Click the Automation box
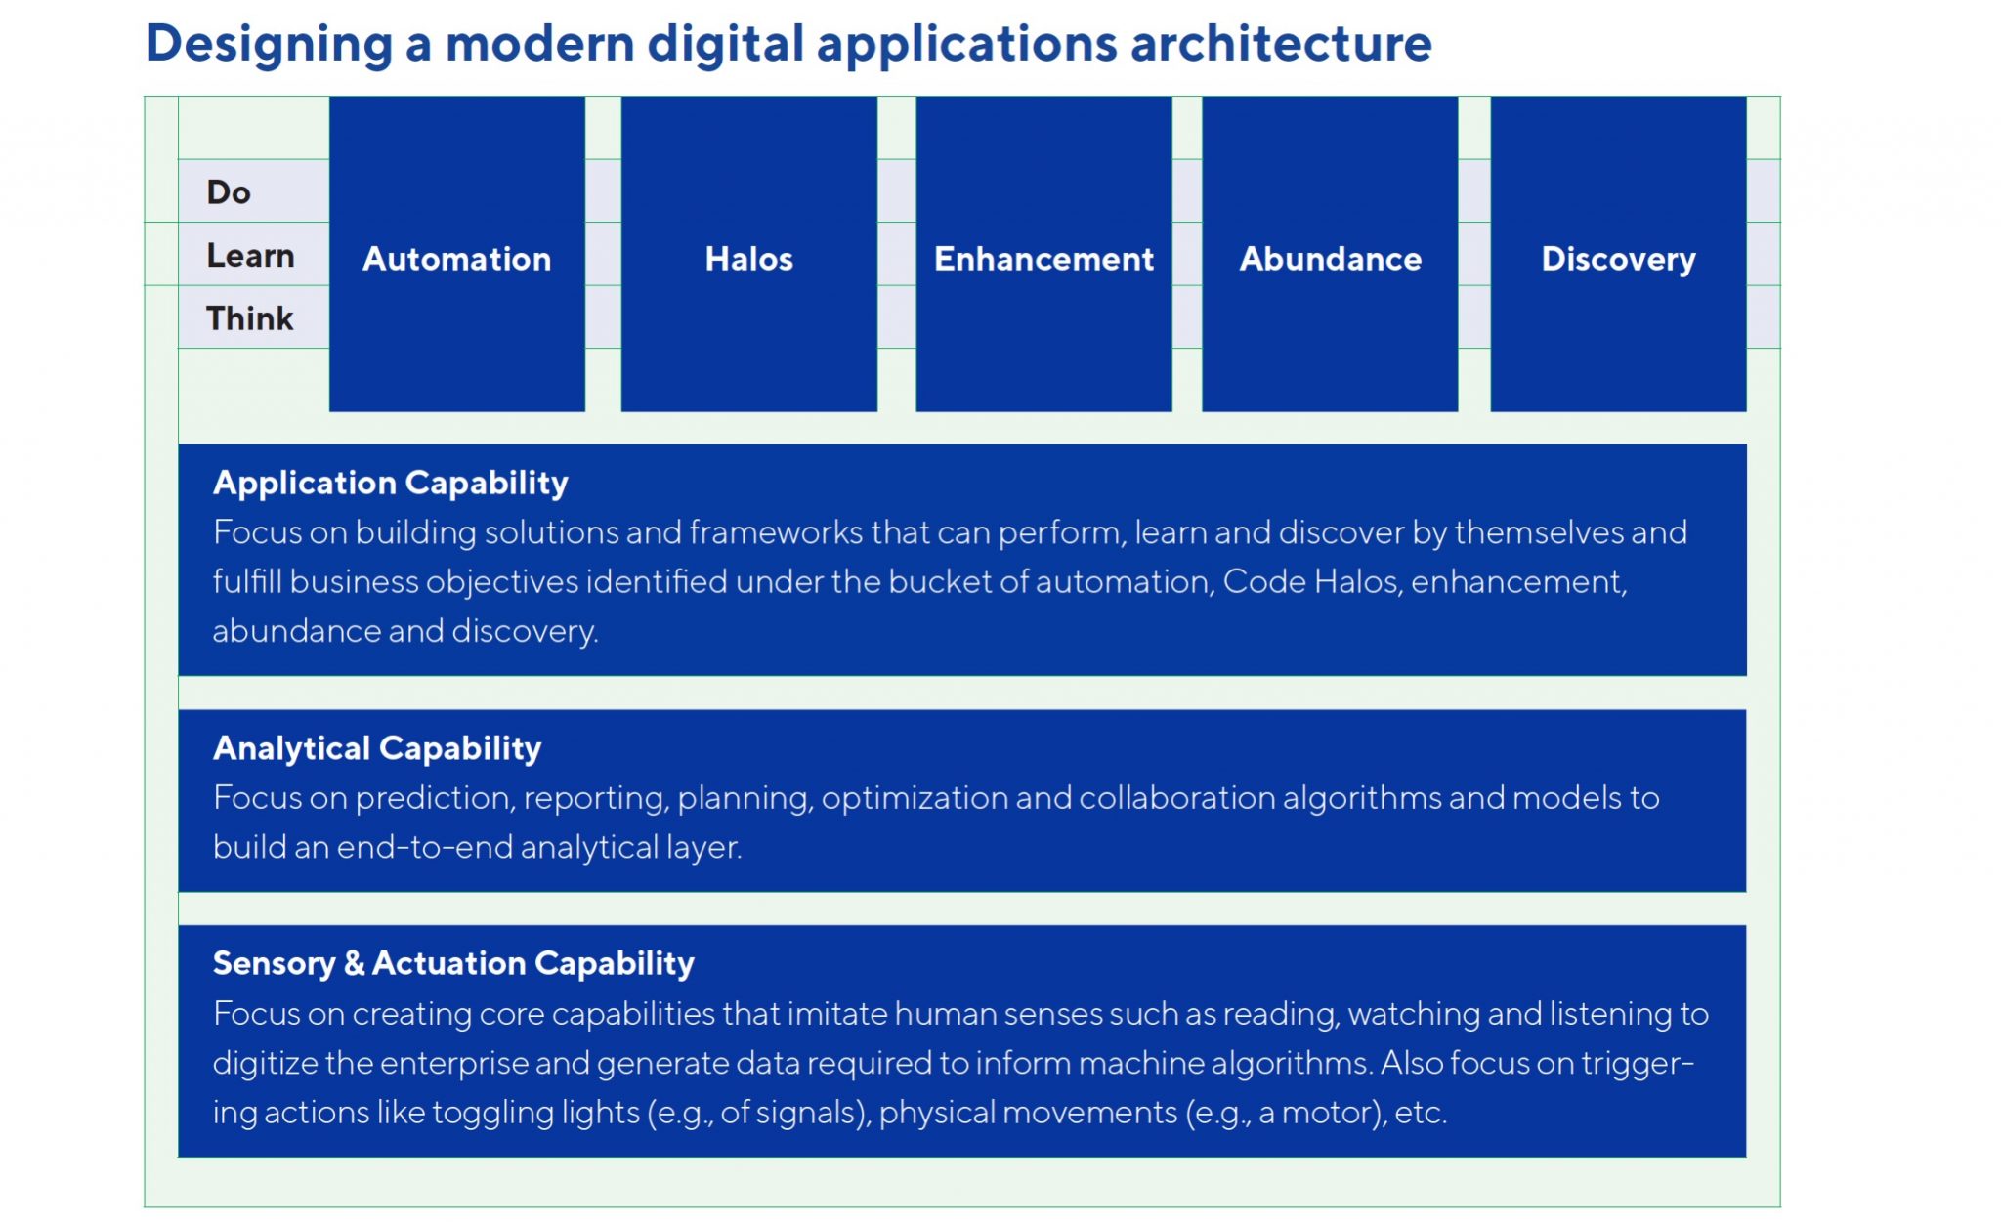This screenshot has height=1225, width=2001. click(457, 254)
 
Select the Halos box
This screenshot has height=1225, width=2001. click(749, 254)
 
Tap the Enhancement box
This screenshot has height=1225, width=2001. click(1043, 254)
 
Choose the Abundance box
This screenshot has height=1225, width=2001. click(1330, 254)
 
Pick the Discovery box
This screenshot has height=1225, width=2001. click(1618, 254)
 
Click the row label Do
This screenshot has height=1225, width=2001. click(229, 192)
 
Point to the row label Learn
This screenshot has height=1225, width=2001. click(250, 256)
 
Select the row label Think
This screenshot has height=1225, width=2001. click(249, 318)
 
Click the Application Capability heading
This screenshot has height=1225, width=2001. click(391, 484)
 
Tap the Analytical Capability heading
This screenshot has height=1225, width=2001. click(377, 748)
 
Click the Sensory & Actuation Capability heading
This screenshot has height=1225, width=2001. click(453, 964)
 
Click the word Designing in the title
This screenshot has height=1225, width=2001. click(270, 45)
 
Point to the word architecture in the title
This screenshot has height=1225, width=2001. click(1281, 43)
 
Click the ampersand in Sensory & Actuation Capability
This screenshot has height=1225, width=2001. click(354, 964)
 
